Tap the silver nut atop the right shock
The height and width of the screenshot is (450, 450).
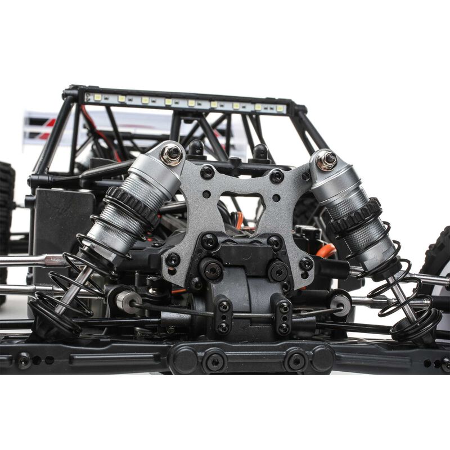click(x=326, y=160)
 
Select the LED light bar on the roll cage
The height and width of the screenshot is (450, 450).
click(x=186, y=102)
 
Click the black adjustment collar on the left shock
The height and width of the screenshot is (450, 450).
click(x=133, y=206)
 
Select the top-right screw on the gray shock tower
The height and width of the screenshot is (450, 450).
click(x=276, y=176)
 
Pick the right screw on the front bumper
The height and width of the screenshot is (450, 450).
click(x=296, y=360)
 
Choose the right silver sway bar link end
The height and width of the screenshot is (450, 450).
click(x=340, y=304)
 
